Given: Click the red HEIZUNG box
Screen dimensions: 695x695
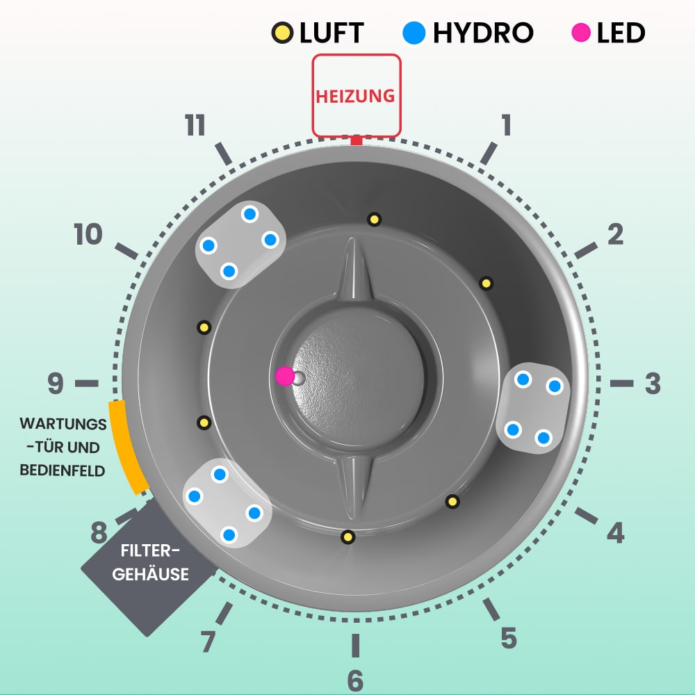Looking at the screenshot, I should [x=356, y=95].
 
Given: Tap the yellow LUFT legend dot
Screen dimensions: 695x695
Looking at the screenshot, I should [x=282, y=33].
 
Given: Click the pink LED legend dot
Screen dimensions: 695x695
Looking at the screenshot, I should [x=581, y=33].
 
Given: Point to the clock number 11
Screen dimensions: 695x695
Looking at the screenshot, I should [x=195, y=126].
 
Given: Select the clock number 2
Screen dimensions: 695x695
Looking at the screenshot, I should [x=615, y=235].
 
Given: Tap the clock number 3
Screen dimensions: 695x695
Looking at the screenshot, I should [x=652, y=384].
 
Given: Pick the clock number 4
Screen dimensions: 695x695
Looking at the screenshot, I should [x=615, y=533].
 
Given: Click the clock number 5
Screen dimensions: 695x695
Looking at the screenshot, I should [x=509, y=638].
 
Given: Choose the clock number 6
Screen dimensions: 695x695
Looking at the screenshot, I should [x=355, y=680].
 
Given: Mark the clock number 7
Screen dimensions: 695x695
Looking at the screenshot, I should [x=208, y=642].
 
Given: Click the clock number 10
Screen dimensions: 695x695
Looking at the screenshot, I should [x=88, y=235].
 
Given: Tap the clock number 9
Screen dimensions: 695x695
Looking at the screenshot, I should [x=56, y=383].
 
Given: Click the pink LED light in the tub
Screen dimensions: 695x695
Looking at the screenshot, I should [x=284, y=376].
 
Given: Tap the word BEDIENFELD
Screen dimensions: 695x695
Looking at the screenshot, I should [x=63, y=471].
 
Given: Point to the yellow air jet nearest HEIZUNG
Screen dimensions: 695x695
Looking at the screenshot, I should [x=374, y=220].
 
